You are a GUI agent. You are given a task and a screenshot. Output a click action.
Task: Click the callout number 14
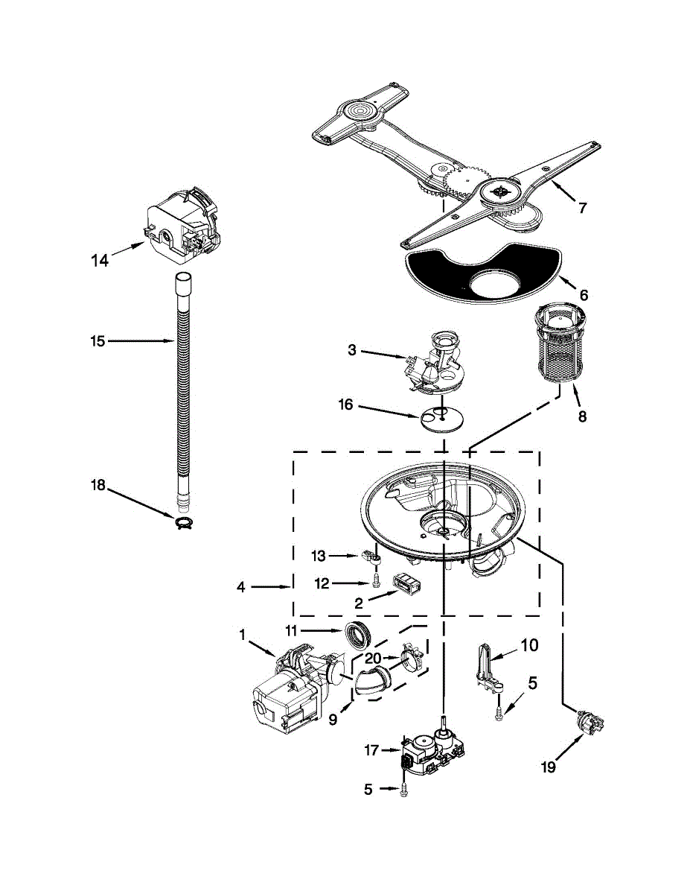(100, 260)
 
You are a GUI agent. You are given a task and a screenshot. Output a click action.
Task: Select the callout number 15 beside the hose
(98, 341)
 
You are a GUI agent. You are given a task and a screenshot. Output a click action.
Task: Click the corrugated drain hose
(182, 387)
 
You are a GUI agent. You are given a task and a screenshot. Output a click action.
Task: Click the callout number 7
(582, 208)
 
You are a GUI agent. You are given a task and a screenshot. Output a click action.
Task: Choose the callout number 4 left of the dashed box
(240, 587)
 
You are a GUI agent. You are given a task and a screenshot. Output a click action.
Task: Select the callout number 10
(528, 645)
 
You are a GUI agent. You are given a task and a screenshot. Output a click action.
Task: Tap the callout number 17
(372, 750)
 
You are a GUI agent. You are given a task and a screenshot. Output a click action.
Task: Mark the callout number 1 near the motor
(242, 635)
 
